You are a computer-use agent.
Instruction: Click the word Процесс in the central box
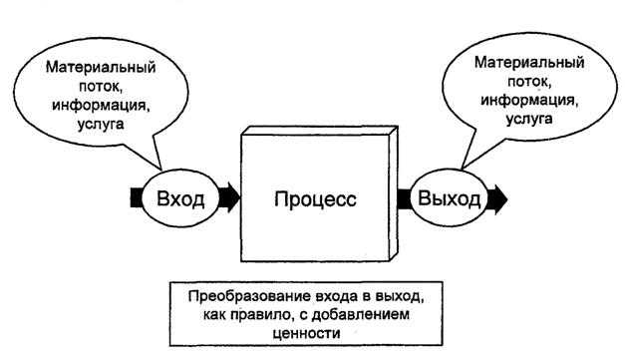point(314,197)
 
